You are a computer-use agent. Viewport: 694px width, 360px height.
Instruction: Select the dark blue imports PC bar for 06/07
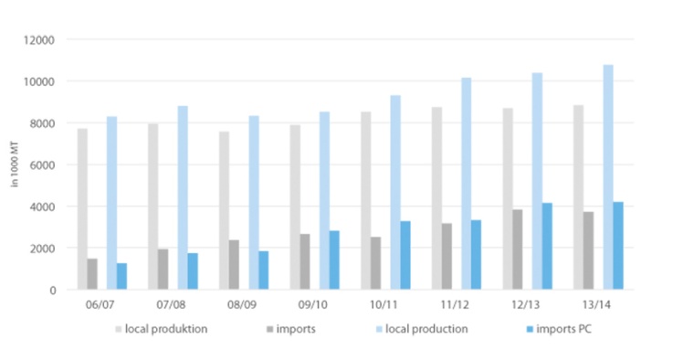[121, 276]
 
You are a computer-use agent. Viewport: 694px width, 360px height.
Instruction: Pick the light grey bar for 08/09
[225, 210]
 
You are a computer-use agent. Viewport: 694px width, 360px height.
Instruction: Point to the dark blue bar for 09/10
[333, 259]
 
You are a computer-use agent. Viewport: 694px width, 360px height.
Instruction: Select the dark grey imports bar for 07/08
[163, 269]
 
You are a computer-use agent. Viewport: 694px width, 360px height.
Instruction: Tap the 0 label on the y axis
[53, 290]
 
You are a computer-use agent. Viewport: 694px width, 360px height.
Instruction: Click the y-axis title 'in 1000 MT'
[14, 165]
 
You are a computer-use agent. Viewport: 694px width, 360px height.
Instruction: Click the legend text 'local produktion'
[171, 329]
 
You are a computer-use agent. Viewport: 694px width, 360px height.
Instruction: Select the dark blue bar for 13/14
[617, 246]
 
